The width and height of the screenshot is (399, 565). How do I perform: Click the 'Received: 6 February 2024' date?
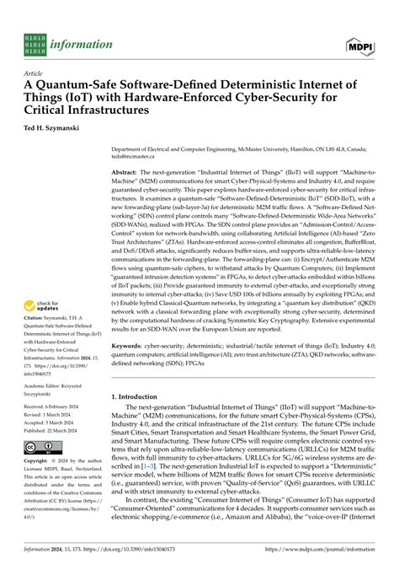[x=62, y=429]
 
